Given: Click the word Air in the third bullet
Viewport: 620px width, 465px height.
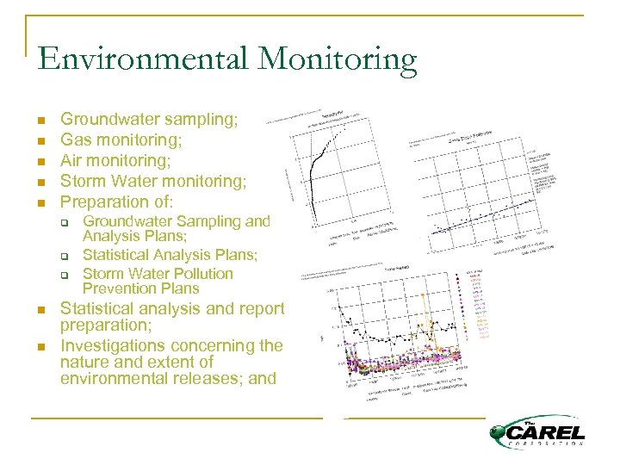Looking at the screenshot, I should pos(72,160).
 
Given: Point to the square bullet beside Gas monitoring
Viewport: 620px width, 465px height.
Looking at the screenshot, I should pos(40,140).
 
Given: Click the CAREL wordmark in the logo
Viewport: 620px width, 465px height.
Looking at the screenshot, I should pos(547,432).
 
